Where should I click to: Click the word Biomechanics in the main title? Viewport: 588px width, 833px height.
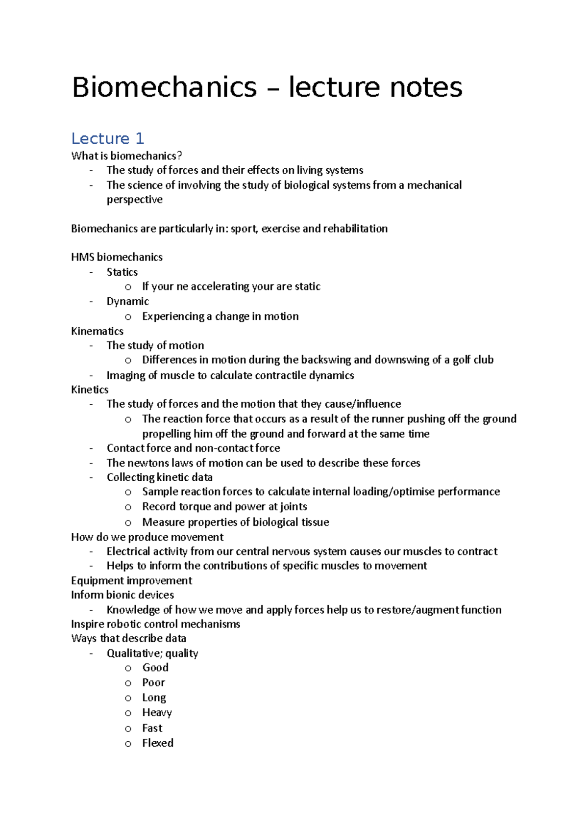tap(164, 87)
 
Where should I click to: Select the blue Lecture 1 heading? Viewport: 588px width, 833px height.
tap(108, 139)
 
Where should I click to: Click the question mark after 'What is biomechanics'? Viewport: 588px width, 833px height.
tap(179, 156)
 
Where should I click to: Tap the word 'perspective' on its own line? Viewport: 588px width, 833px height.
tap(135, 200)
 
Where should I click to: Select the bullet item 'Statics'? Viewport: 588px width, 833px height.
tap(122, 272)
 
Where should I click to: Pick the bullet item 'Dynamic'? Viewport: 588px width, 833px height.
tap(128, 301)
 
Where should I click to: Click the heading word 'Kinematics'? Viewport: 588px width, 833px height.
tap(97, 331)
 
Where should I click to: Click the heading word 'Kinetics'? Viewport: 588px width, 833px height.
tap(90, 390)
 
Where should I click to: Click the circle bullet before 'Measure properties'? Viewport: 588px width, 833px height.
tap(128, 523)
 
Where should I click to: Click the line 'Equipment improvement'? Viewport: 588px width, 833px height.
tap(131, 581)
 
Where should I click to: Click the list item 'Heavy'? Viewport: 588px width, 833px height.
tap(157, 713)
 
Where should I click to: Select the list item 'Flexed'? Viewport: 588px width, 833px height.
tap(158, 743)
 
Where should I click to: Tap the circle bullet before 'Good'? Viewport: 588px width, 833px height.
tap(128, 668)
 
